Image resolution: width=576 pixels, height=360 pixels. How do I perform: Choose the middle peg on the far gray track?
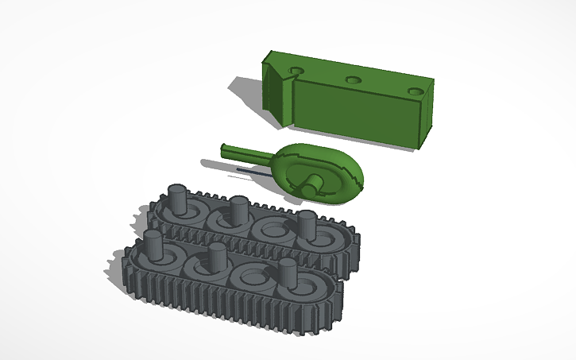(x=237, y=209)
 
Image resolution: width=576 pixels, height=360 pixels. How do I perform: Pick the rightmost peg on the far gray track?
(x=307, y=224)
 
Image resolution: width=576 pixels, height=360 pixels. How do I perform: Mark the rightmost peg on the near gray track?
(x=288, y=274)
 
